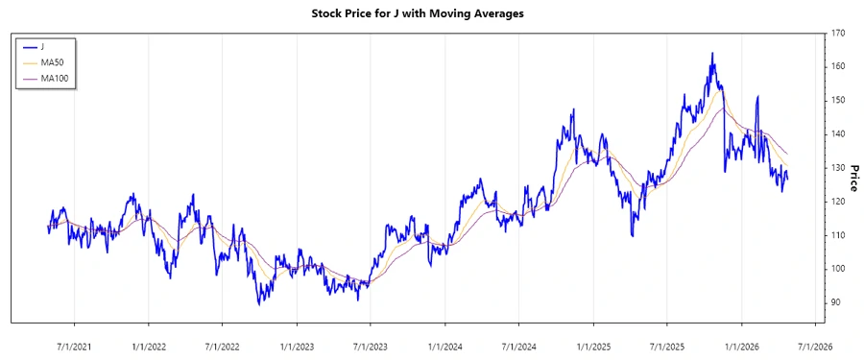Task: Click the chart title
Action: point(432,13)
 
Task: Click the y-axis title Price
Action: point(852,178)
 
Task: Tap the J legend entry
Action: point(42,45)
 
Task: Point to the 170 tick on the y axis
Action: point(839,33)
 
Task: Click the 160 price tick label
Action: point(839,66)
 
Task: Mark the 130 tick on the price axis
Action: point(839,168)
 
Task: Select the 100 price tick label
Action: point(839,269)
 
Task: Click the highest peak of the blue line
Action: point(712,54)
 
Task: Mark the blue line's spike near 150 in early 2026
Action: point(757,97)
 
